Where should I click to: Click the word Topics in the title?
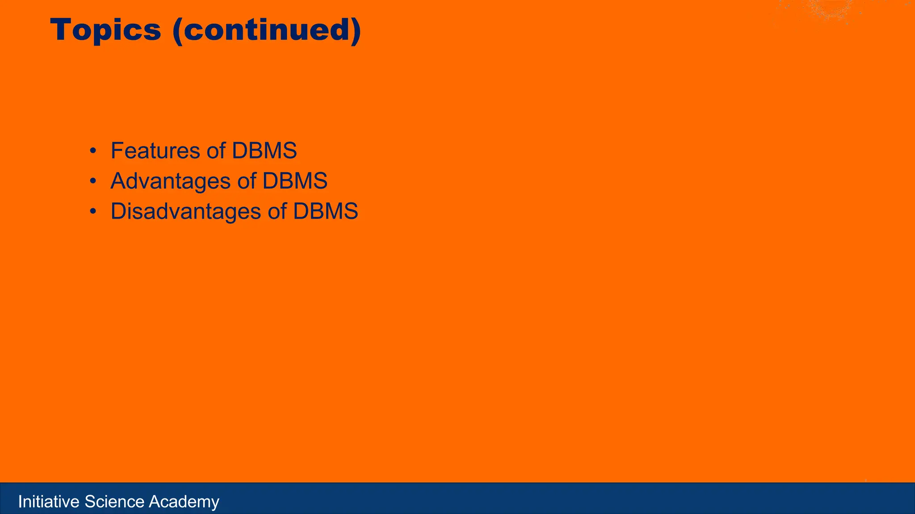tap(105, 30)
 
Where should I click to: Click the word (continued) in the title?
tap(267, 30)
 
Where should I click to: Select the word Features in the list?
tap(155, 150)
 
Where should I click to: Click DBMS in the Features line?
tap(264, 150)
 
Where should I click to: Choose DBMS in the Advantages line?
tap(295, 181)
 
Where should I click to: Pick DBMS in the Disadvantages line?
tap(326, 211)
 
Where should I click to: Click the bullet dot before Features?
tap(92, 151)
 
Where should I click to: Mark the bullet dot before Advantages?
tap(92, 182)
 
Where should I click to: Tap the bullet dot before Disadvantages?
tap(92, 212)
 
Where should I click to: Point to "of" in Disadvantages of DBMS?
tap(277, 211)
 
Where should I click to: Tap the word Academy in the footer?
tap(184, 502)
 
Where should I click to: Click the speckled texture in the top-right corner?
tap(831, 11)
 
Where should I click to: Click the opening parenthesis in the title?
tap(177, 30)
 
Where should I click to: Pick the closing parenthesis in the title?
tap(356, 30)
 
